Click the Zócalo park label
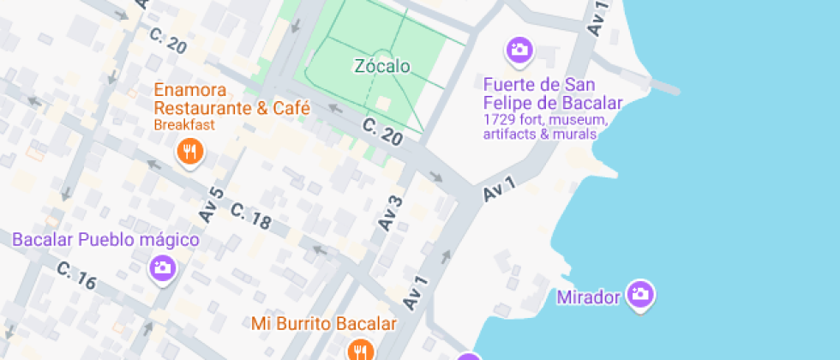(381, 66)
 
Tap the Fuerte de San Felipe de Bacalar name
(552, 93)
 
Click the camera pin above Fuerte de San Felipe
(519, 50)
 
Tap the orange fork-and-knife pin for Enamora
(189, 153)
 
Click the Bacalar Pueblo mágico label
(105, 239)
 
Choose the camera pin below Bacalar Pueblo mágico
(162, 268)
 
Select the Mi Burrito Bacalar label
(324, 324)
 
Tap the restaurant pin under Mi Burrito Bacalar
(361, 350)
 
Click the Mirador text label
(588, 298)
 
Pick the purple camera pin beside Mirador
(639, 295)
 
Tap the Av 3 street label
(389, 213)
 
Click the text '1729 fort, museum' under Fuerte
(545, 119)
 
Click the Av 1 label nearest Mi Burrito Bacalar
(415, 293)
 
